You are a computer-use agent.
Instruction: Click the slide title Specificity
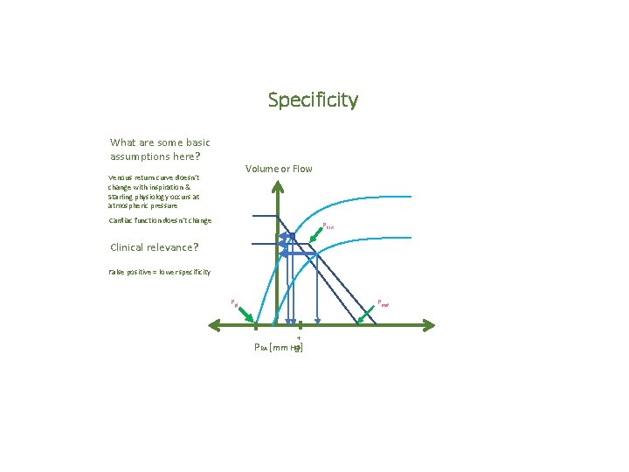point(313,101)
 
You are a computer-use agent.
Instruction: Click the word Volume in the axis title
point(263,169)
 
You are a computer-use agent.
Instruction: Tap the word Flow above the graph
point(302,169)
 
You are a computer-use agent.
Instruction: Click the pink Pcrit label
point(328,226)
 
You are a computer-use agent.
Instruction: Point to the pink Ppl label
point(233,302)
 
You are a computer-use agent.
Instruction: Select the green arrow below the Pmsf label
point(367,316)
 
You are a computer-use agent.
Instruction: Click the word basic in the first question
point(195,142)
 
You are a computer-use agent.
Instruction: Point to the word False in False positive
point(114,273)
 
